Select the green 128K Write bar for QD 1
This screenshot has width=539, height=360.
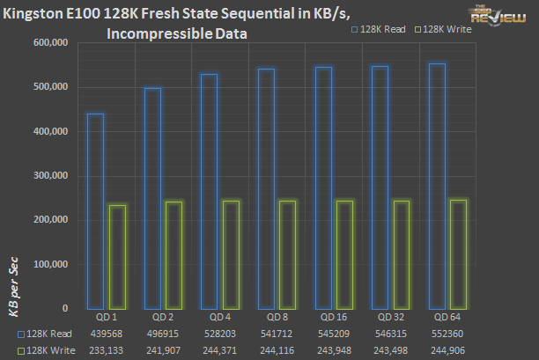(117, 256)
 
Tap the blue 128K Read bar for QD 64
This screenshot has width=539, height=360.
(436, 186)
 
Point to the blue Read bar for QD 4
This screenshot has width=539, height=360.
(208, 191)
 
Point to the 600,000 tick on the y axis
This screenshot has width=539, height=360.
(48, 42)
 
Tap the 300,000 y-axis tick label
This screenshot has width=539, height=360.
(48, 175)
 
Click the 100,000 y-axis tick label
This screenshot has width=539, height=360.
(48, 264)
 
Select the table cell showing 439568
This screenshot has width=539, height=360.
(106, 334)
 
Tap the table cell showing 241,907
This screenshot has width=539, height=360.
(162, 349)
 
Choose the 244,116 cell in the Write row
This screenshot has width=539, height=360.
(276, 349)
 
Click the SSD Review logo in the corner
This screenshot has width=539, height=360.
(506, 16)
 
